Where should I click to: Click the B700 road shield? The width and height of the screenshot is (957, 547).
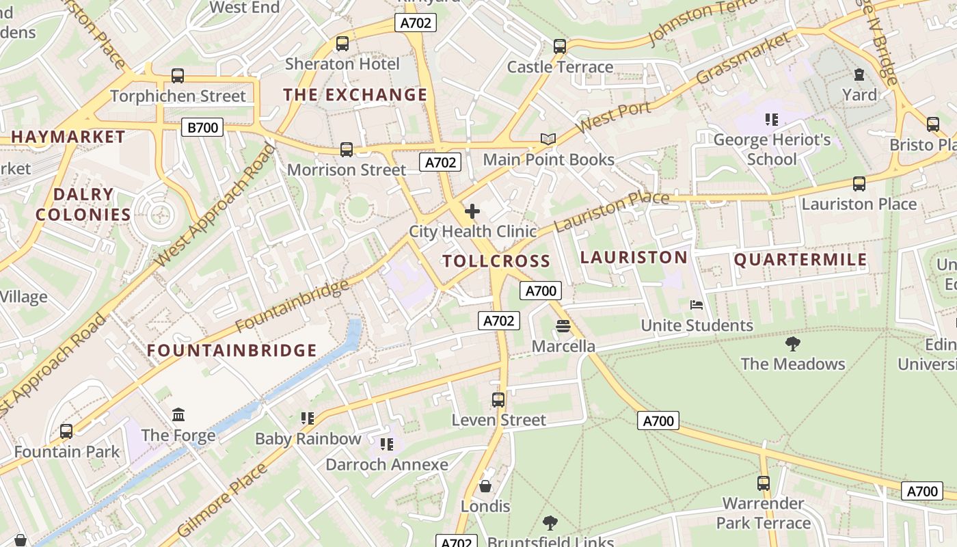203,126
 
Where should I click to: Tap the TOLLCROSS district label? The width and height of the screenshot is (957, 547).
496,261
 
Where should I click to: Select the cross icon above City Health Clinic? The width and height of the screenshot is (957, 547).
472,211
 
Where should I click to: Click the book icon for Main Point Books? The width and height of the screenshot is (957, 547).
548,139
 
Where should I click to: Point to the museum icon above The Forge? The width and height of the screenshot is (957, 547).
178,414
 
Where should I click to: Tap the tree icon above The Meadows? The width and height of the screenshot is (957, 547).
793,343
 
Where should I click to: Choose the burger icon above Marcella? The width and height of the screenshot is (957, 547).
563,326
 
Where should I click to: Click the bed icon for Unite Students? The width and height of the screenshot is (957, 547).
697,305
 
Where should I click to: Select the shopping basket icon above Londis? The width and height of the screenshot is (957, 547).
485,486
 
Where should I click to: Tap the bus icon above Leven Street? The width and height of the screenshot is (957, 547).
498,399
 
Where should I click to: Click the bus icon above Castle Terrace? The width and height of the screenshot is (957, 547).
560,46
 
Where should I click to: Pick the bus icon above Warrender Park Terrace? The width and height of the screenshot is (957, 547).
764,483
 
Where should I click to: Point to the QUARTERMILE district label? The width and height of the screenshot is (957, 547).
800,260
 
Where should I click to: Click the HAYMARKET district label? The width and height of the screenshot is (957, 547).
68,137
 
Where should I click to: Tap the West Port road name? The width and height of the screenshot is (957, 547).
613,119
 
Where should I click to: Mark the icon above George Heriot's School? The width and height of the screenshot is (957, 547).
772,120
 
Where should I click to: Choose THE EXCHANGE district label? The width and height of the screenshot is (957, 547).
355,95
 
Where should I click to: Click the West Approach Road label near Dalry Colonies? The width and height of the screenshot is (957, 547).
215,206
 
